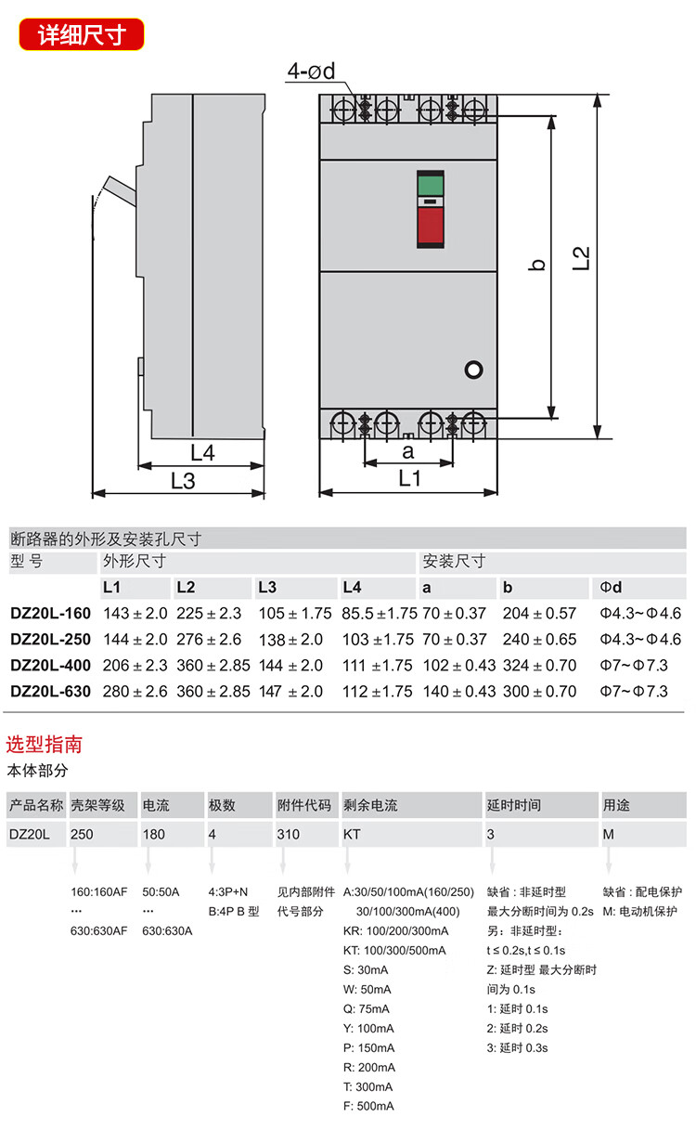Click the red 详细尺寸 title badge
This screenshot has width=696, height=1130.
pos(82,34)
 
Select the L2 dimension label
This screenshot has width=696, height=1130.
pos(581,257)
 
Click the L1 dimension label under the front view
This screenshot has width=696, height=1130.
pos(409,478)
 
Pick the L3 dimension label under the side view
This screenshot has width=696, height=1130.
pos(183,480)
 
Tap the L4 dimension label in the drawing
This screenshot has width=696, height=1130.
pos(202,453)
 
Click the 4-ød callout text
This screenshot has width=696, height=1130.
pos(311,71)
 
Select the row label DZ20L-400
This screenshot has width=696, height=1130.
pos(50,666)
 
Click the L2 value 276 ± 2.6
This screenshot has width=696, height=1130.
pos(209,640)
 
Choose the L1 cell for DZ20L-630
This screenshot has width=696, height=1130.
pos(135,692)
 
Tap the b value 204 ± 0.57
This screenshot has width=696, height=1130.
pos(539,614)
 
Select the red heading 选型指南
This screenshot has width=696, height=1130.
pos(45,744)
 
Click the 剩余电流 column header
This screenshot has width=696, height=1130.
pos(370,805)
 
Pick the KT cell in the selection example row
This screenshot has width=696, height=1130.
pos(352,834)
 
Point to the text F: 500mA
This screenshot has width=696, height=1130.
pos(368,1106)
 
